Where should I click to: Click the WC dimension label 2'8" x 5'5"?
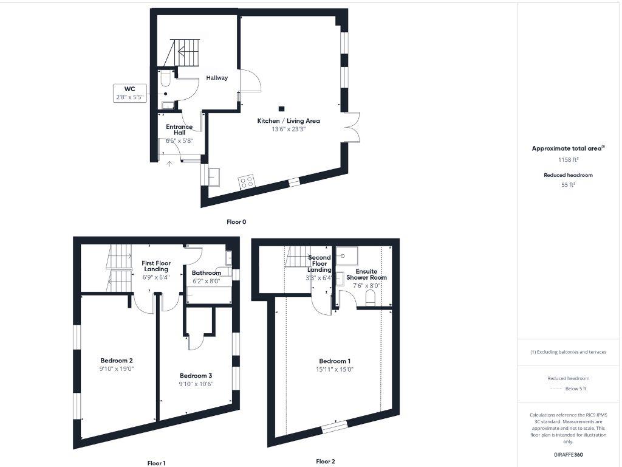tap(131, 97)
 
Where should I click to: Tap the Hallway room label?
tap(217, 78)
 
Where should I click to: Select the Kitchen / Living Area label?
tap(289, 121)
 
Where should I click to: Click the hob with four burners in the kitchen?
tap(246, 181)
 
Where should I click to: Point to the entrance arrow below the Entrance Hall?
tap(169, 162)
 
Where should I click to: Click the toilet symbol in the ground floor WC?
tap(166, 80)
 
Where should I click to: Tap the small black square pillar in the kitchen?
tap(281, 109)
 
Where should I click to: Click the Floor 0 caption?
tap(236, 222)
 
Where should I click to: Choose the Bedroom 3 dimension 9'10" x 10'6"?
tap(196, 384)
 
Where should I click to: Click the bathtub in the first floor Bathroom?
tap(209, 296)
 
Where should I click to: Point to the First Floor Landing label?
tap(156, 266)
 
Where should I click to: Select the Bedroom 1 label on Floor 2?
tap(333, 361)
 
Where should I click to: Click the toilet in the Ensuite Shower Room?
tap(371, 297)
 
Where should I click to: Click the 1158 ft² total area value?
tap(568, 159)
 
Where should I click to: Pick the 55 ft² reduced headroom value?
tap(568, 185)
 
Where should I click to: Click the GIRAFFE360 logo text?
tap(568, 454)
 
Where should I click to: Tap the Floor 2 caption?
tap(326, 462)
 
